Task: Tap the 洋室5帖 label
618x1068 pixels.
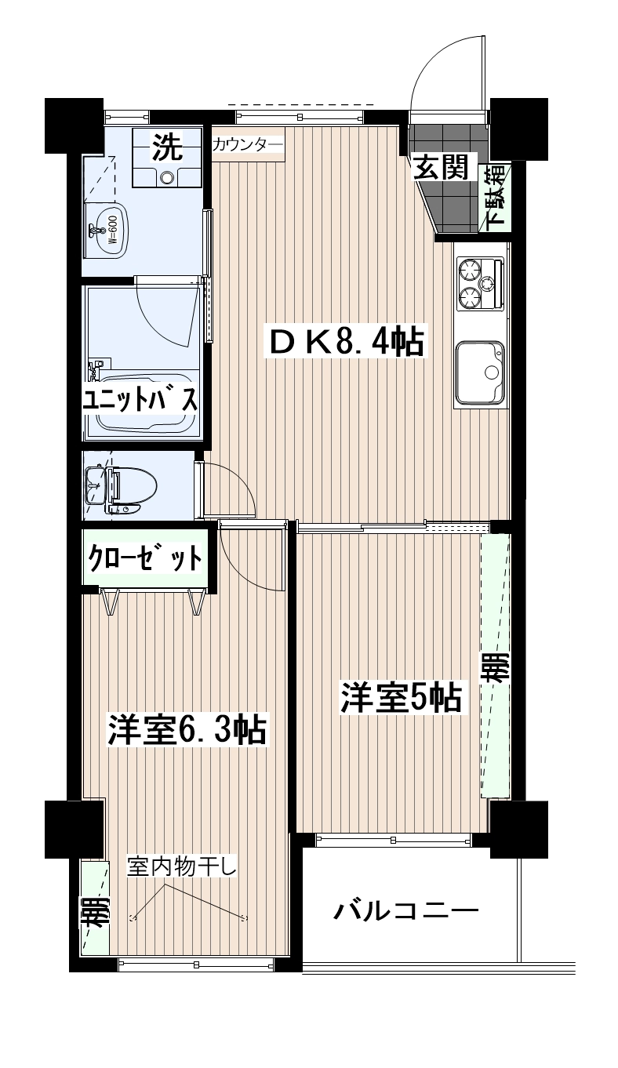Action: click(x=401, y=699)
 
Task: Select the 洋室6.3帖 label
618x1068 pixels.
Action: click(x=187, y=729)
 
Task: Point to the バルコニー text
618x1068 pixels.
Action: click(x=405, y=911)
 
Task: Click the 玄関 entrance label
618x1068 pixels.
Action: click(x=441, y=167)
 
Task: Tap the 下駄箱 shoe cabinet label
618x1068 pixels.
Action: click(x=498, y=198)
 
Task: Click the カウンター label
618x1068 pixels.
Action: click(x=248, y=144)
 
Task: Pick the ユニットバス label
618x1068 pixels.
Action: click(x=140, y=400)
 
